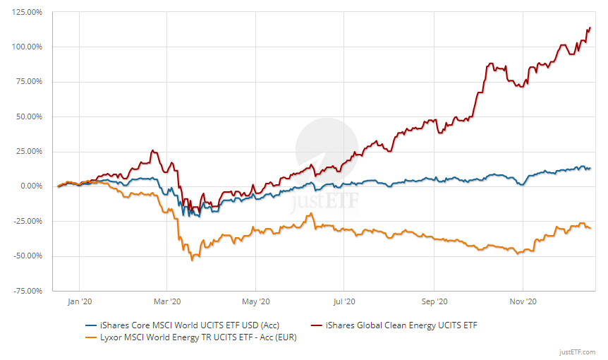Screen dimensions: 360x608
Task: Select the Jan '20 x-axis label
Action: (x=79, y=301)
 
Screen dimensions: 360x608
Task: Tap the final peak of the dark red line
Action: (x=589, y=28)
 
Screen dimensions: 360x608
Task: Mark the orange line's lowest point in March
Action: (x=192, y=260)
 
